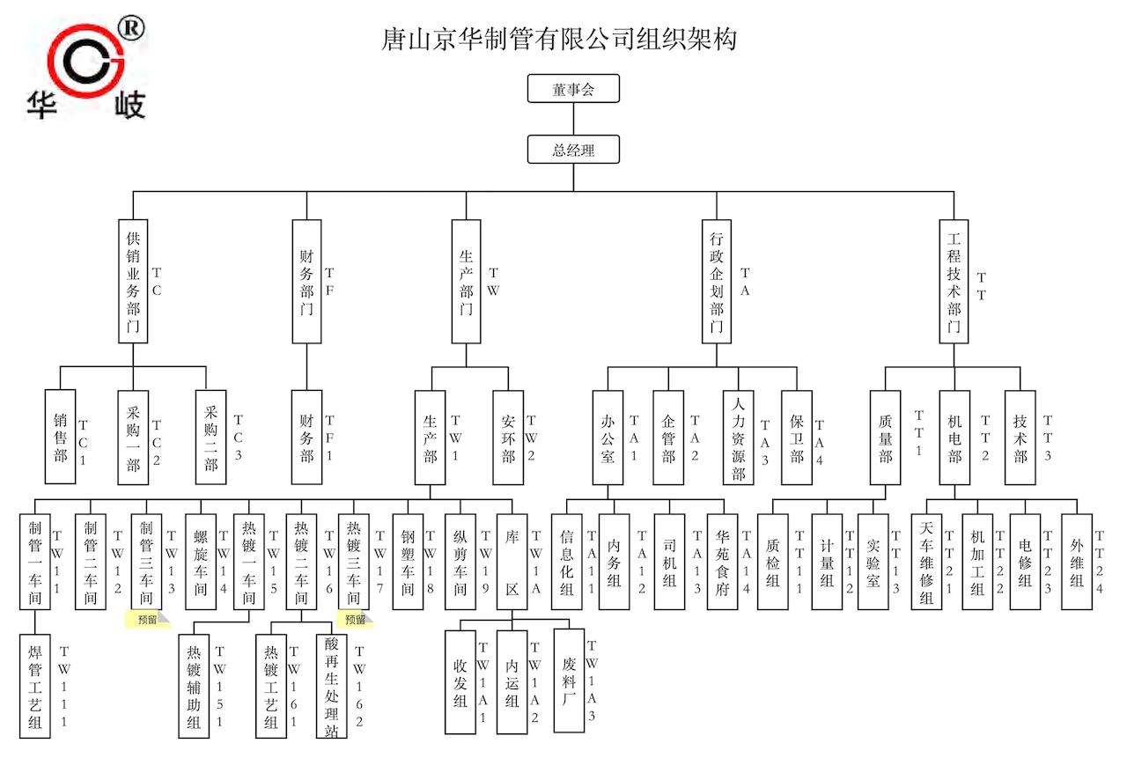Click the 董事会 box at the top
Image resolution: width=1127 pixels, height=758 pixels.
tap(573, 89)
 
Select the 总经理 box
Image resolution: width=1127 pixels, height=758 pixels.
tap(573, 150)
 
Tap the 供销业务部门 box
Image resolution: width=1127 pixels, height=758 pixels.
tap(133, 281)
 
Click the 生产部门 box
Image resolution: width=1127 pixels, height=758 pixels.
tap(466, 281)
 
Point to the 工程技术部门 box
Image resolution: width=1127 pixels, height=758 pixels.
tap(954, 281)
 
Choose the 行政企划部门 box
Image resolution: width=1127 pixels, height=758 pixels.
tap(717, 281)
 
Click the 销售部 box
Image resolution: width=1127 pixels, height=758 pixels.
tap(60, 437)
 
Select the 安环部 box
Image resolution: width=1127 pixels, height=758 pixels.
tap(508, 437)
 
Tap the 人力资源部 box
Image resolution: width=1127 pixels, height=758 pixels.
tap(738, 437)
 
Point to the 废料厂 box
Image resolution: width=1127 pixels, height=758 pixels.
tap(569, 680)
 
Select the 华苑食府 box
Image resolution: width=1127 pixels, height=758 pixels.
tap(721, 562)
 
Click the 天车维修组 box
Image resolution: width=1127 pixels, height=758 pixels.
tap(926, 562)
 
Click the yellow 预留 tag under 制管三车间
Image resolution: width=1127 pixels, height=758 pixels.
tap(147, 620)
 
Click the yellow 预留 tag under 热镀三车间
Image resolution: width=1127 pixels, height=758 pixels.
tap(356, 620)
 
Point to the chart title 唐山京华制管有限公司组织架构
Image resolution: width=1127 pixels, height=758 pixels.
tap(558, 39)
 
